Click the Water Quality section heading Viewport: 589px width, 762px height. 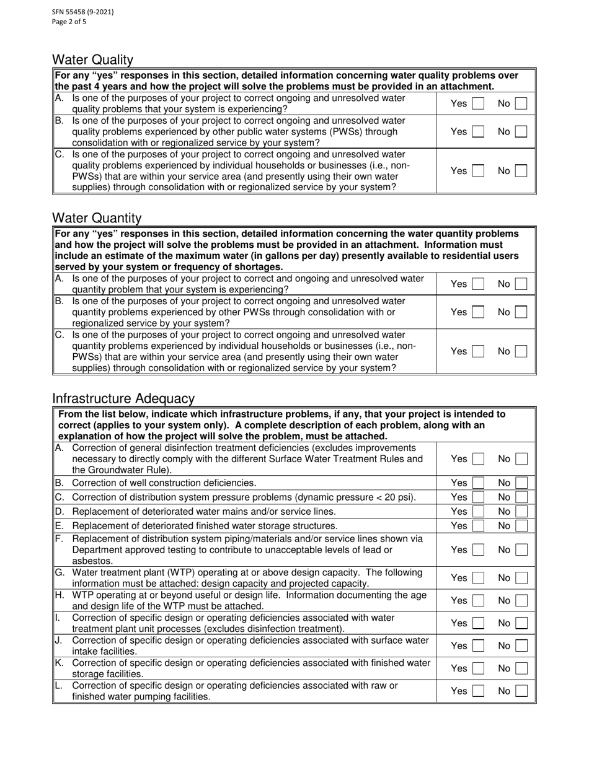tap(92, 60)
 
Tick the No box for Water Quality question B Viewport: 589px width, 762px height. tap(521, 131)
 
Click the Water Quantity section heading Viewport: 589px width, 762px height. tap(97, 218)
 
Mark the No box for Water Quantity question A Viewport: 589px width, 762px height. tap(521, 284)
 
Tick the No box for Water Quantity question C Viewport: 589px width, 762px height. tap(521, 351)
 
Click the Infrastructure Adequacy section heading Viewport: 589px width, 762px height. tap(123, 399)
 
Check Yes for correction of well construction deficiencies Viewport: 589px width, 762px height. tap(477, 483)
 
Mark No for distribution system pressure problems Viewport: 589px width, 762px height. tap(521, 497)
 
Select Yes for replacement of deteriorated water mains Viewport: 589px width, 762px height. tap(477, 511)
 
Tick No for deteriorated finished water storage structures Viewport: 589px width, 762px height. tap(521, 525)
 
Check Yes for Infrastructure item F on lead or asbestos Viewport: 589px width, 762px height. tap(477, 550)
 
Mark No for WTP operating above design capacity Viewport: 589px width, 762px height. tap(521, 578)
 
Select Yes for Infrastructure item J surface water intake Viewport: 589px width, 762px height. tap(477, 646)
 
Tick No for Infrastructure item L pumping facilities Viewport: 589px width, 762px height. tap(521, 691)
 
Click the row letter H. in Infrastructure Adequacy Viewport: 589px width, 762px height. tap(60, 595)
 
